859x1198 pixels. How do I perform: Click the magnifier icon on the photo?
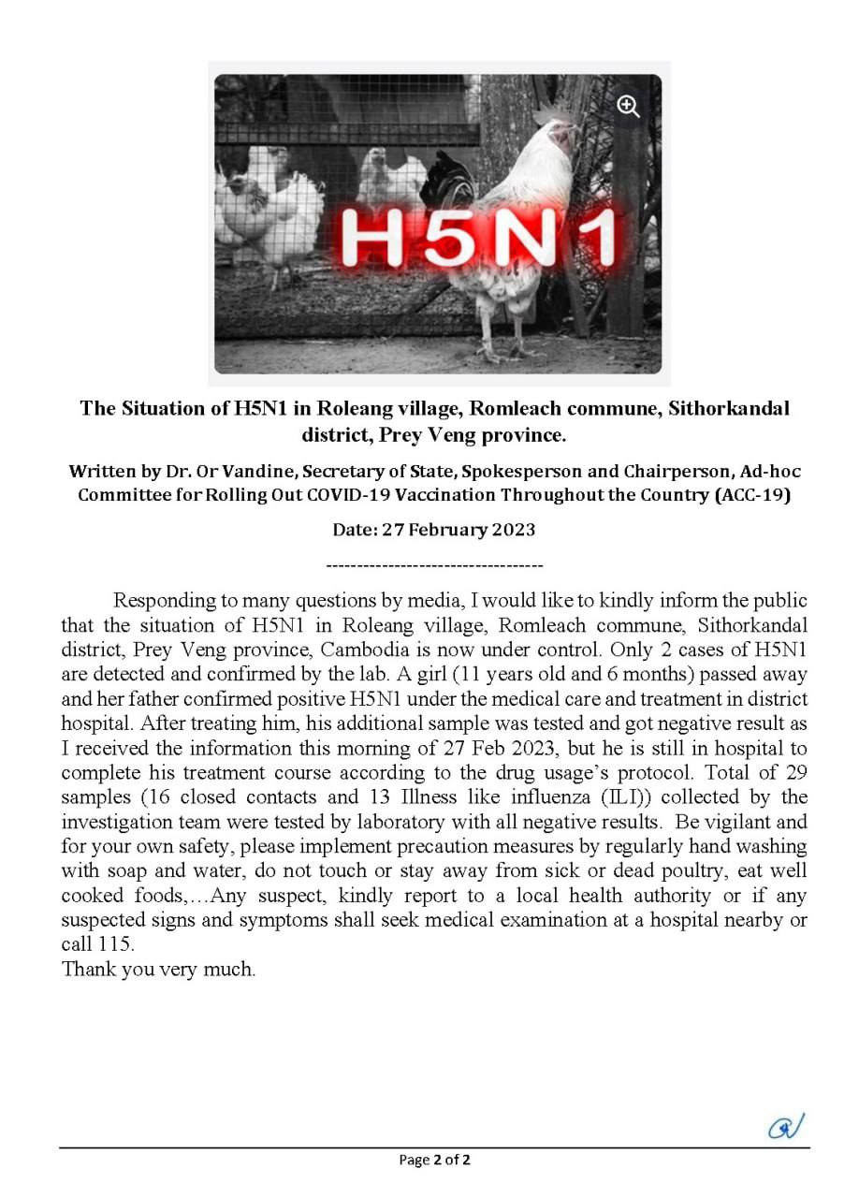(628, 107)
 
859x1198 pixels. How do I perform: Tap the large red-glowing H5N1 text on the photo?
(477, 239)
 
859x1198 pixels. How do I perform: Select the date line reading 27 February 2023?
(434, 530)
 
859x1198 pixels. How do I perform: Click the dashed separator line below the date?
(434, 565)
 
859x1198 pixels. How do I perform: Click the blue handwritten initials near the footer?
(786, 1127)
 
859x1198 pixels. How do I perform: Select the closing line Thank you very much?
(159, 969)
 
